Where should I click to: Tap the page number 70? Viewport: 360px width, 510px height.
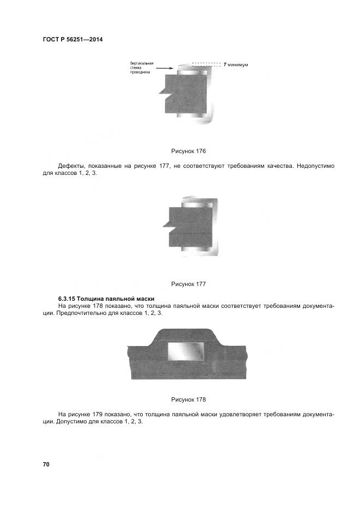[x=46, y=464]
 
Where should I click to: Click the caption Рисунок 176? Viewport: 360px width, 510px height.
[x=188, y=150]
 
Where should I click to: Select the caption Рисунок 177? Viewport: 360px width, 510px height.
[x=188, y=284]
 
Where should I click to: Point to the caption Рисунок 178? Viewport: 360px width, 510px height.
[x=188, y=399]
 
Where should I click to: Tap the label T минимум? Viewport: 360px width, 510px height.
[x=235, y=64]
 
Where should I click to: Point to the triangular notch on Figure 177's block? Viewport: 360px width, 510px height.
[x=166, y=224]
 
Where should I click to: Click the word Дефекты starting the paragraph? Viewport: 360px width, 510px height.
[x=72, y=165]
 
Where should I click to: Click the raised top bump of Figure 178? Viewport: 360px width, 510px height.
[x=185, y=333]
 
